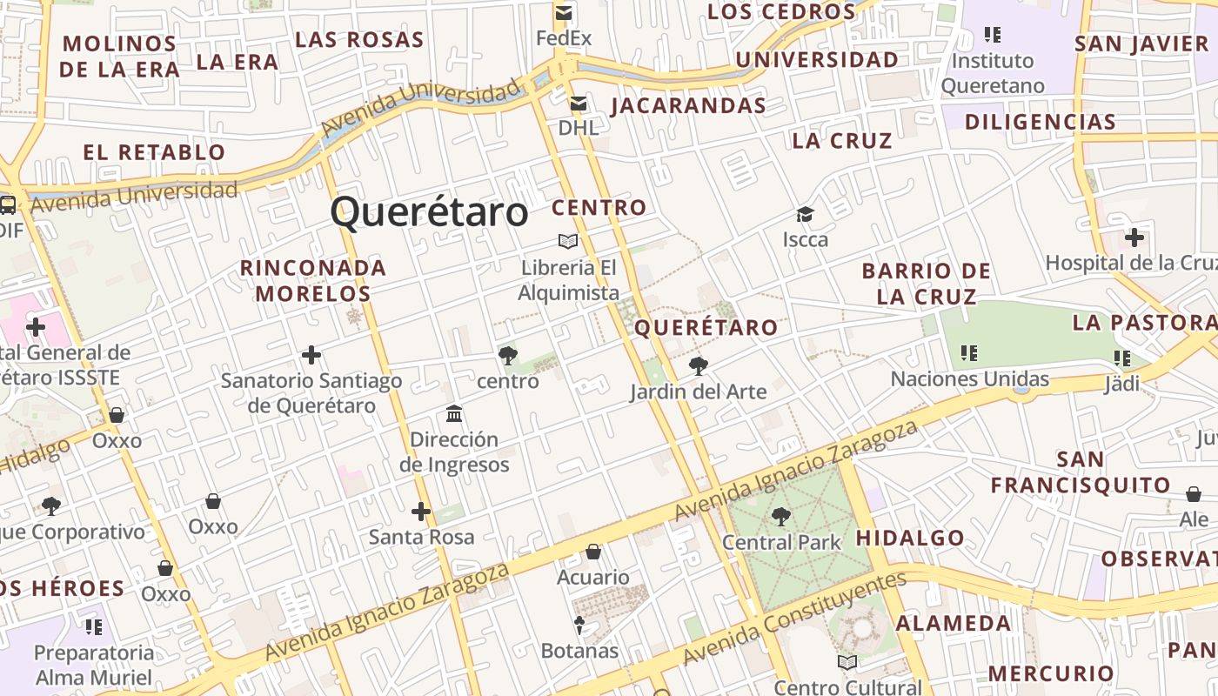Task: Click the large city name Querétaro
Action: (x=429, y=211)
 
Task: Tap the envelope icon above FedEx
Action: (x=564, y=13)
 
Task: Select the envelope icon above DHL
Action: (x=578, y=104)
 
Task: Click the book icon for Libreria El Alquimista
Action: (x=568, y=241)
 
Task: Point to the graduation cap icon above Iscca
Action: (x=805, y=214)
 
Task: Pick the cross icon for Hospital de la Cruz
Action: (x=1134, y=237)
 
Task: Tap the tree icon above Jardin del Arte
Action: (x=698, y=365)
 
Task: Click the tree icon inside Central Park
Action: (x=781, y=517)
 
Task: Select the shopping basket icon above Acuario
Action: (x=593, y=552)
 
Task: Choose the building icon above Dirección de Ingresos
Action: (x=454, y=413)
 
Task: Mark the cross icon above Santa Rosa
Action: (x=421, y=512)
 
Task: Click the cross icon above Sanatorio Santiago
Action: (x=311, y=355)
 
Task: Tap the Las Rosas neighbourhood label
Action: (x=359, y=39)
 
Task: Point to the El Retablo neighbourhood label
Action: (x=154, y=152)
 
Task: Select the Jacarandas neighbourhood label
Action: (x=688, y=106)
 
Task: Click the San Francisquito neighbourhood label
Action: (x=1081, y=472)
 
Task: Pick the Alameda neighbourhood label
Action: (x=954, y=623)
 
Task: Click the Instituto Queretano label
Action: (x=993, y=73)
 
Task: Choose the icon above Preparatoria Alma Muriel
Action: (x=94, y=626)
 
